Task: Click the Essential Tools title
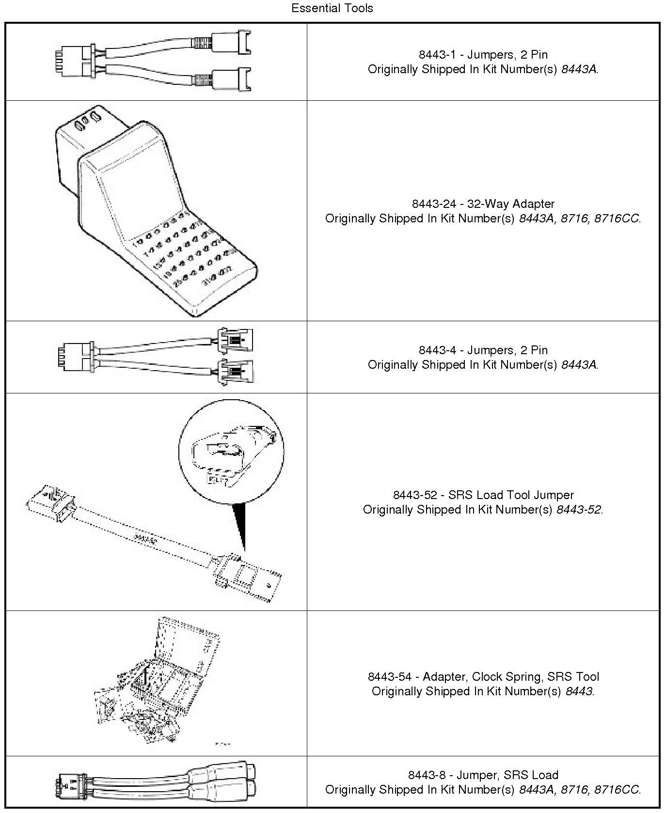(332, 8)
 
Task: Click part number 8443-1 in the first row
(437, 54)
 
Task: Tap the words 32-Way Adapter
(510, 203)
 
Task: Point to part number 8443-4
(437, 350)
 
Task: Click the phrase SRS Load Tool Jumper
(511, 495)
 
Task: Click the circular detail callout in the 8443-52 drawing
(231, 453)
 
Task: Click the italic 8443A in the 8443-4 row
(579, 364)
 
